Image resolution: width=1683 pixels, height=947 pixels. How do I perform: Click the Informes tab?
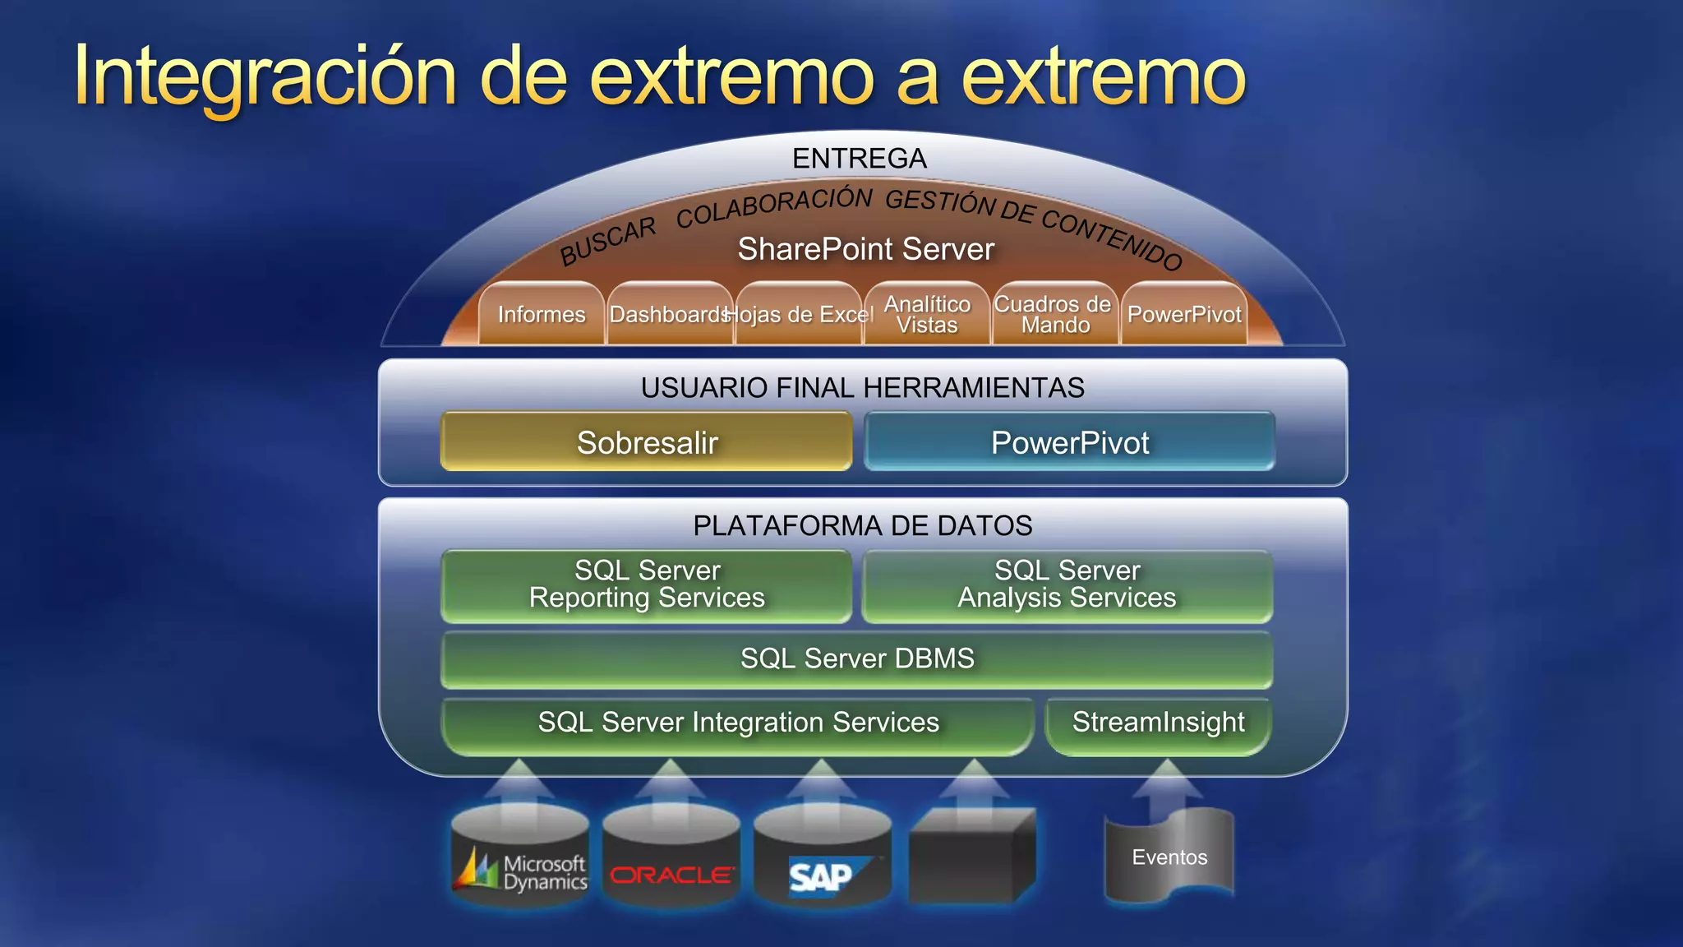(542, 314)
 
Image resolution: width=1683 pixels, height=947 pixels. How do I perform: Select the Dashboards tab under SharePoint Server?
(670, 314)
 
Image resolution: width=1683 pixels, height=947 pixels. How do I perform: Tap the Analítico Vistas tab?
(927, 314)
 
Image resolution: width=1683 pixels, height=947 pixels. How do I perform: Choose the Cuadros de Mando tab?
(1054, 314)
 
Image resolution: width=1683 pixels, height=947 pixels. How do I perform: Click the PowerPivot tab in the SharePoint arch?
(1184, 314)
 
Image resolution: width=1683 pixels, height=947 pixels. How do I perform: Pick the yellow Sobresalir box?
(647, 442)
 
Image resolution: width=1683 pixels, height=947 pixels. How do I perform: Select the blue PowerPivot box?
(1069, 442)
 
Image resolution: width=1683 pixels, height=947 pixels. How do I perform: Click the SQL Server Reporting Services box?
(647, 584)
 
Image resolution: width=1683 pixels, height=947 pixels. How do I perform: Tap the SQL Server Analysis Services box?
(1067, 584)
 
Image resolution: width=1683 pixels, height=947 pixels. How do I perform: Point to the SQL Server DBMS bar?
(856, 658)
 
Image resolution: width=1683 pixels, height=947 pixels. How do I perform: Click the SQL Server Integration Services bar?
(737, 723)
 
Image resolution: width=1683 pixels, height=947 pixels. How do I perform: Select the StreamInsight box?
(1158, 723)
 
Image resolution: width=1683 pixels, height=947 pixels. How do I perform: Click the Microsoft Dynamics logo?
(520, 872)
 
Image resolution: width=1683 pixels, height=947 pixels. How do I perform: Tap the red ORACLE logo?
(671, 875)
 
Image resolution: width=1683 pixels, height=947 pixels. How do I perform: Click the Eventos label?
(1169, 857)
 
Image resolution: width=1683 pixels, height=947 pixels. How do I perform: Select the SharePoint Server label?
(865, 249)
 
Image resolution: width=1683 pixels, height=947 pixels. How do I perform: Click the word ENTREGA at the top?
(860, 158)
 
